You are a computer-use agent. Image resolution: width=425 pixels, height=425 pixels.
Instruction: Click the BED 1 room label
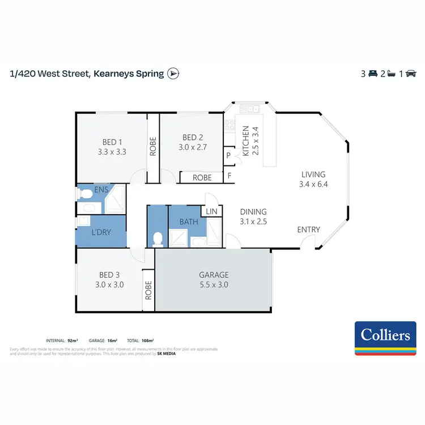[112, 142]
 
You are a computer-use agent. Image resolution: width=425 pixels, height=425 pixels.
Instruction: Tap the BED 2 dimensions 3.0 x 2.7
[193, 147]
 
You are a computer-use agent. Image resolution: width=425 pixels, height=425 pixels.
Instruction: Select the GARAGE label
[214, 275]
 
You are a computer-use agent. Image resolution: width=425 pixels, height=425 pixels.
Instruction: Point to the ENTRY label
[309, 229]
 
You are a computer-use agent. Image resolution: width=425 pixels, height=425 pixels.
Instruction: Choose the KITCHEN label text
[246, 141]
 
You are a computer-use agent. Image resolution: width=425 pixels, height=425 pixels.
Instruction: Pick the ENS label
[101, 190]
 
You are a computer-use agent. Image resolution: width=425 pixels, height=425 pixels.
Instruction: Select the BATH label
[189, 222]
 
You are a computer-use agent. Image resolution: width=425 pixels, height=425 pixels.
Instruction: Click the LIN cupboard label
[212, 211]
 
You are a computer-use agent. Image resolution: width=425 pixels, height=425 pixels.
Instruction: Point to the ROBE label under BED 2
[202, 177]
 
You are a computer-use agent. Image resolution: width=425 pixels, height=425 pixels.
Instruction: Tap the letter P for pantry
[228, 155]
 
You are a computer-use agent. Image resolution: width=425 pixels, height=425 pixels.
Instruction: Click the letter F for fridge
[229, 177]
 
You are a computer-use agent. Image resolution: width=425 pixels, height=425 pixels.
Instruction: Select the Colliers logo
[385, 338]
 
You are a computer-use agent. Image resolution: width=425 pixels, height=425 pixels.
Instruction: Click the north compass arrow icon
[174, 73]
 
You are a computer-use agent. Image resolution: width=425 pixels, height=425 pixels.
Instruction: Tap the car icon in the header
[411, 74]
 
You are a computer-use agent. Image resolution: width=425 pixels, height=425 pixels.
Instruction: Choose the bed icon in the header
[373, 74]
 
